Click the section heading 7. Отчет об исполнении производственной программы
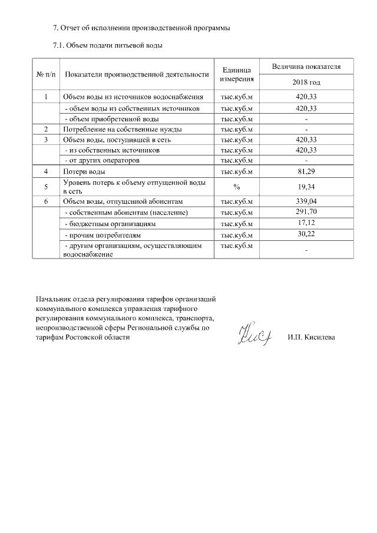pos(141,28)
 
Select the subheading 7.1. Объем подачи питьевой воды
pos(108,45)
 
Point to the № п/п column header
pos(46,75)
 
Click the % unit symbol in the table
pos(236,187)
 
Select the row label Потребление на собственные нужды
pos(122,129)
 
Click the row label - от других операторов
pos(101,160)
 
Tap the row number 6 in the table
pos(45,201)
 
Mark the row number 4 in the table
pos(45,171)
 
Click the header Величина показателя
pos(306,67)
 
